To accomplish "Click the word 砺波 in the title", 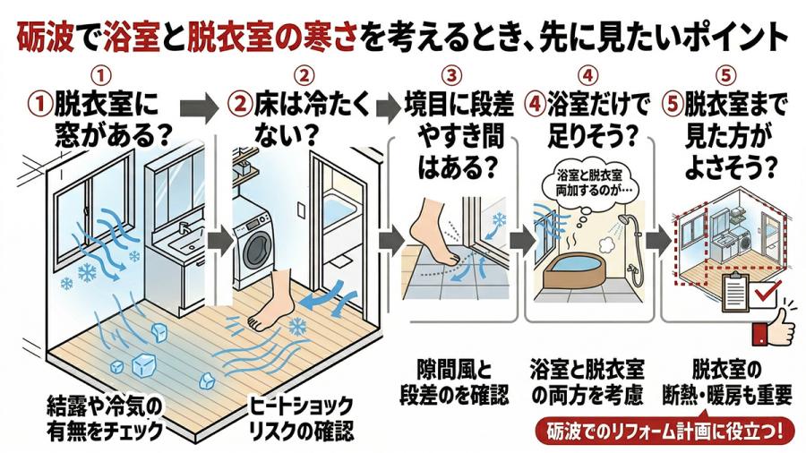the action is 46,38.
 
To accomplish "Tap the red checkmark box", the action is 765,295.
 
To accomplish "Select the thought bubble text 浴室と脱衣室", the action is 589,175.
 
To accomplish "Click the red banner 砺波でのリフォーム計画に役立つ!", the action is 665,432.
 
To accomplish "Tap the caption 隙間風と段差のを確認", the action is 454,382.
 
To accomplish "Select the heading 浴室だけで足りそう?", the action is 587,119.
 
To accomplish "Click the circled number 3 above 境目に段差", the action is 452,76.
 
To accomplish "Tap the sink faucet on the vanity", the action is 183,228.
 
